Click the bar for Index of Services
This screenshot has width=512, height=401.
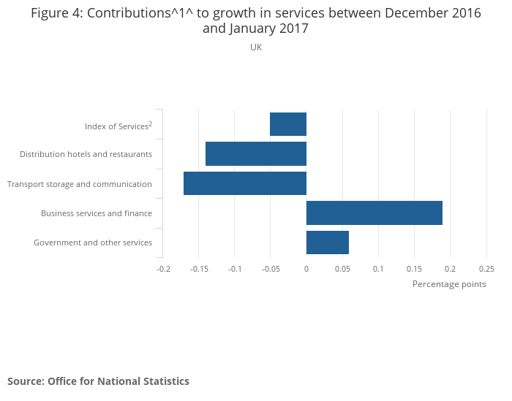click(x=288, y=124)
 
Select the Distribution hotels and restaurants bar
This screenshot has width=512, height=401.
click(x=256, y=154)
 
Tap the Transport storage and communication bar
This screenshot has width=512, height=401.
click(x=245, y=183)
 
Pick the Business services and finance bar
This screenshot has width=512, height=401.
click(x=374, y=213)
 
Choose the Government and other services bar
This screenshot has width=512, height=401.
click(x=328, y=242)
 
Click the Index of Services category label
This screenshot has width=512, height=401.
click(x=118, y=126)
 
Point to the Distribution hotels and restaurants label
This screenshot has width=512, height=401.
click(x=86, y=154)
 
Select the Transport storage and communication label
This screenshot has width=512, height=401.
click(x=80, y=184)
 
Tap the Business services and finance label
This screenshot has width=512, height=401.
click(x=97, y=213)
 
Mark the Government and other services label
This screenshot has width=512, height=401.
click(x=93, y=242)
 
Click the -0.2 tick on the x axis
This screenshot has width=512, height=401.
click(x=163, y=269)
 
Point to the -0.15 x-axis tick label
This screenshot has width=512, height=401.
click(x=198, y=269)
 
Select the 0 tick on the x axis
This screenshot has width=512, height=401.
click(x=306, y=269)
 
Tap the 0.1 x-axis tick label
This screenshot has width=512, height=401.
click(x=378, y=269)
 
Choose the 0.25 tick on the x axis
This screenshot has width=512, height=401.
click(x=486, y=269)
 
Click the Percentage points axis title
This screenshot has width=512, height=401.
click(x=449, y=284)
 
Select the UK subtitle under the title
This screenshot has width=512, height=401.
click(x=256, y=47)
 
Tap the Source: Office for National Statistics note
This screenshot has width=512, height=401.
click(x=98, y=381)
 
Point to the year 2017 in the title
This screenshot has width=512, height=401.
click(x=293, y=29)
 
